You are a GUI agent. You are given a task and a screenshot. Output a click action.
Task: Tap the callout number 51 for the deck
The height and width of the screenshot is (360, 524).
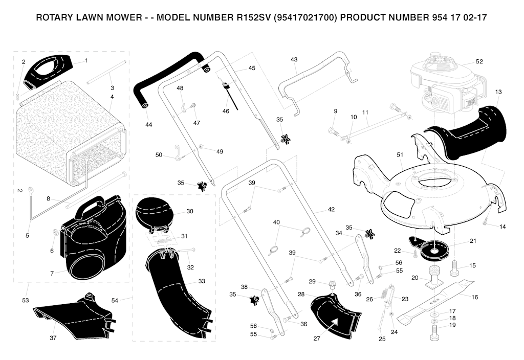click(x=400, y=154)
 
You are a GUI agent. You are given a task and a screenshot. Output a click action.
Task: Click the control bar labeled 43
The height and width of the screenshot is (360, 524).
click(x=318, y=83)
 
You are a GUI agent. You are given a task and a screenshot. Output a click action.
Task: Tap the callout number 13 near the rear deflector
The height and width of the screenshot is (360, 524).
click(x=498, y=92)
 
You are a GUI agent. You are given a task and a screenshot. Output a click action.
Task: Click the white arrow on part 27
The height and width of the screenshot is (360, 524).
click(x=335, y=324)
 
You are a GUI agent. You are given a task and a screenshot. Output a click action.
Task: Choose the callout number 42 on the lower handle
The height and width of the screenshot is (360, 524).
click(x=331, y=209)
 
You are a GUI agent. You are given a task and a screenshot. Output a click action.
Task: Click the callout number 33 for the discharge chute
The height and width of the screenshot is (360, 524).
click(x=202, y=281)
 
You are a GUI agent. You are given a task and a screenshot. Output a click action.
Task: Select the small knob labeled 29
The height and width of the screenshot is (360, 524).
click(x=333, y=285)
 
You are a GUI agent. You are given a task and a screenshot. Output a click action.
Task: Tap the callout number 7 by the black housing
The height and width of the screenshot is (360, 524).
click(x=52, y=274)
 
